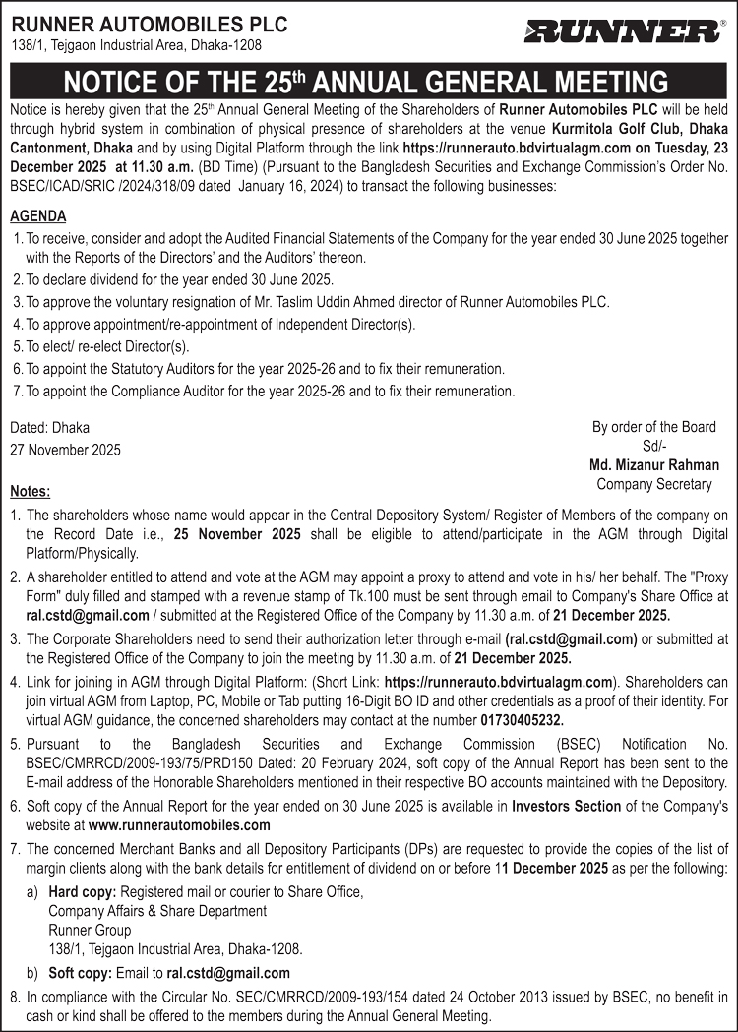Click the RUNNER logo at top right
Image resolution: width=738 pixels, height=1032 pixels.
tap(622, 31)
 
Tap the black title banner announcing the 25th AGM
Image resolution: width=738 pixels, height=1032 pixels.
tap(368, 81)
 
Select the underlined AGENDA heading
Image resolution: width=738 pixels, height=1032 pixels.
tap(38, 216)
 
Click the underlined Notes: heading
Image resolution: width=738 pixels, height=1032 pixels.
tap(31, 491)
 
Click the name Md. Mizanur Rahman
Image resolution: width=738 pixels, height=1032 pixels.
tap(653, 465)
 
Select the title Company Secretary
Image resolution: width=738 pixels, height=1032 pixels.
tap(653, 484)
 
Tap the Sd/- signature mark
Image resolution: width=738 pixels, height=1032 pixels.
tap(653, 446)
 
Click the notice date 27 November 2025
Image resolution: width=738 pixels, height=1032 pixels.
tap(66, 450)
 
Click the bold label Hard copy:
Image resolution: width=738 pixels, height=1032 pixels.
tap(83, 891)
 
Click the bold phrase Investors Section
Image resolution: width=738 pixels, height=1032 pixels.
tap(567, 806)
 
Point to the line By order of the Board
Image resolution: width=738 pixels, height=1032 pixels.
tap(653, 427)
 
